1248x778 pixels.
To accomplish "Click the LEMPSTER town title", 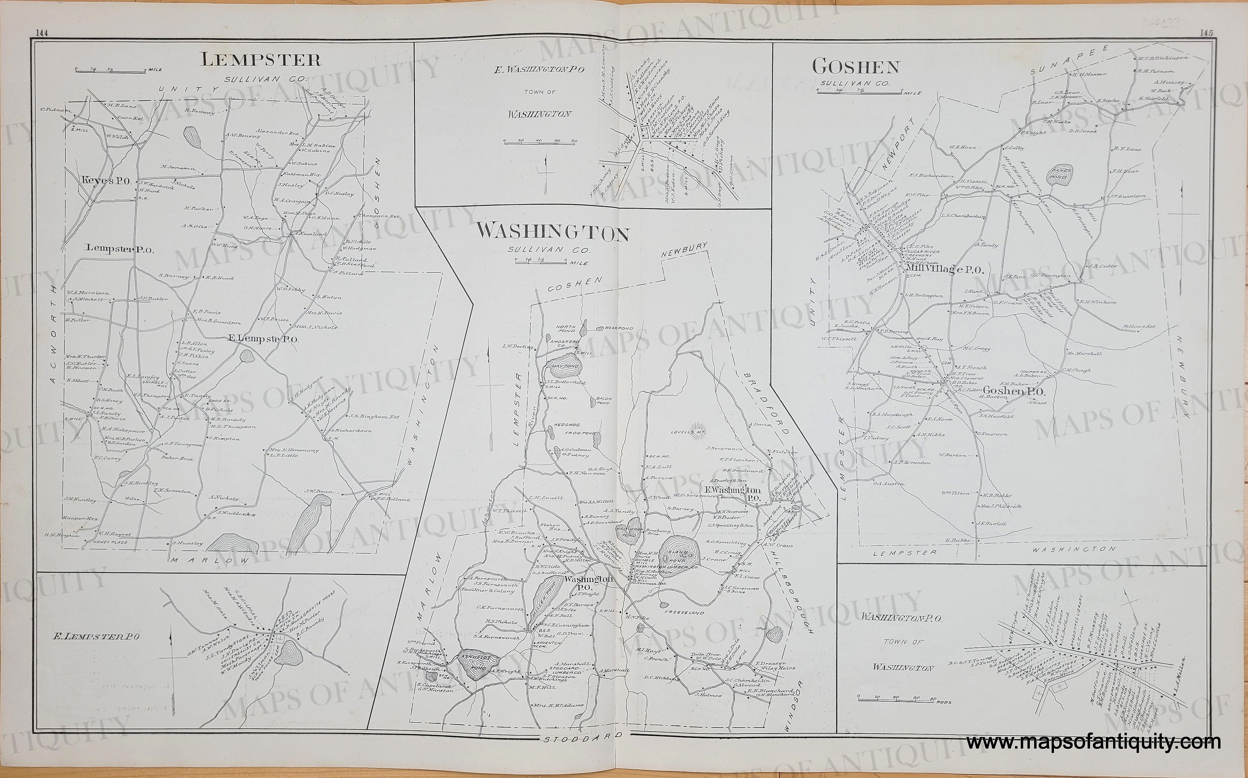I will click(261, 60).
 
